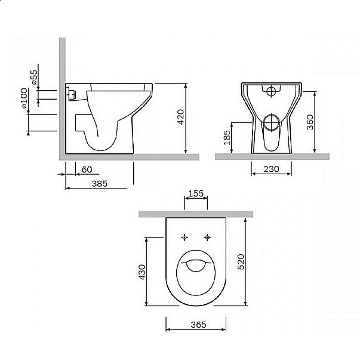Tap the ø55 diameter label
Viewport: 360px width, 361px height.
(x=35, y=78)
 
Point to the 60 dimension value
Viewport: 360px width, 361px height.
(x=87, y=169)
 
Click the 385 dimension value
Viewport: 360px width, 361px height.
(x=99, y=184)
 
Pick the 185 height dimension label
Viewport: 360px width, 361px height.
(x=227, y=140)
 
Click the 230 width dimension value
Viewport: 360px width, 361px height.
(x=272, y=169)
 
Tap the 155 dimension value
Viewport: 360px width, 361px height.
(x=196, y=193)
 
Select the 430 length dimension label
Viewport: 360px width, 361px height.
(x=142, y=271)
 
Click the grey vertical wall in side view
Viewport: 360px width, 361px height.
(x=61, y=95)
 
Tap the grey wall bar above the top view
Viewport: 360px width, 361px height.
(x=196, y=214)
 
